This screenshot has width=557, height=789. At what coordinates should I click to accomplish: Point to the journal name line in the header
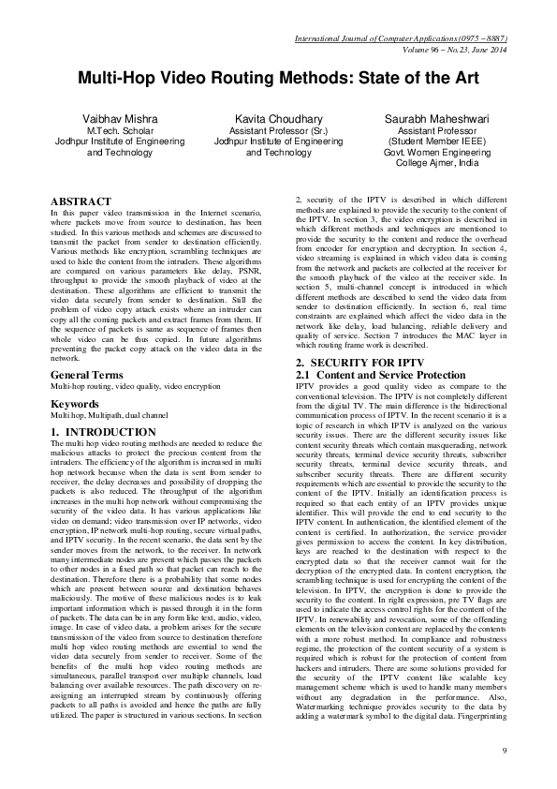coord(400,37)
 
